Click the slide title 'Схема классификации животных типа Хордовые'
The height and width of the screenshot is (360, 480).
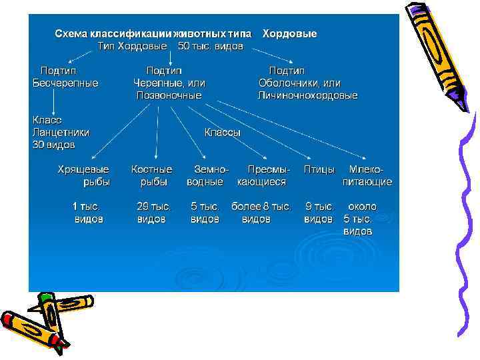185,33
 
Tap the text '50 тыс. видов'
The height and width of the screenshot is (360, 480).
211,47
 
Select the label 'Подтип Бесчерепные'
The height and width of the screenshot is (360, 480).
65,77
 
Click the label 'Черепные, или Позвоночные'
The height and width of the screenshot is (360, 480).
169,89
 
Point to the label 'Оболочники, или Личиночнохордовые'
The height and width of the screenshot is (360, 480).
307,89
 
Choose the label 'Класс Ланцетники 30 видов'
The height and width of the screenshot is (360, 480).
61,132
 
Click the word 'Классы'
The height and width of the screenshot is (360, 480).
223,132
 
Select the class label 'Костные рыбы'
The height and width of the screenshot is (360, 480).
152,175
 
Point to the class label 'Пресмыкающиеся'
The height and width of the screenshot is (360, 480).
263,175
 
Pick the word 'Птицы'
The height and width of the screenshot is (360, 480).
319,169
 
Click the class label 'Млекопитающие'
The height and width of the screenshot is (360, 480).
367,175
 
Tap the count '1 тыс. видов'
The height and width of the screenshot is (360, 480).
88,213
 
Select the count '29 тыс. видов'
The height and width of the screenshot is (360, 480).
153,213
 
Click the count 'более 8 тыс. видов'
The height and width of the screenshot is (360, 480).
261,213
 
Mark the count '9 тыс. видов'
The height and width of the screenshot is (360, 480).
319,213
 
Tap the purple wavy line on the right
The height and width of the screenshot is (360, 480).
465,220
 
